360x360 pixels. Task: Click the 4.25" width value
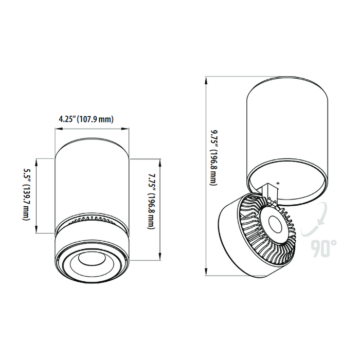coord(67,119)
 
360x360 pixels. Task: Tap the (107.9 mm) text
coord(96,119)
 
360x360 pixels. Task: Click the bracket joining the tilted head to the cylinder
coord(271,192)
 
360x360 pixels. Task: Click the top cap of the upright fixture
coord(91,141)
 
